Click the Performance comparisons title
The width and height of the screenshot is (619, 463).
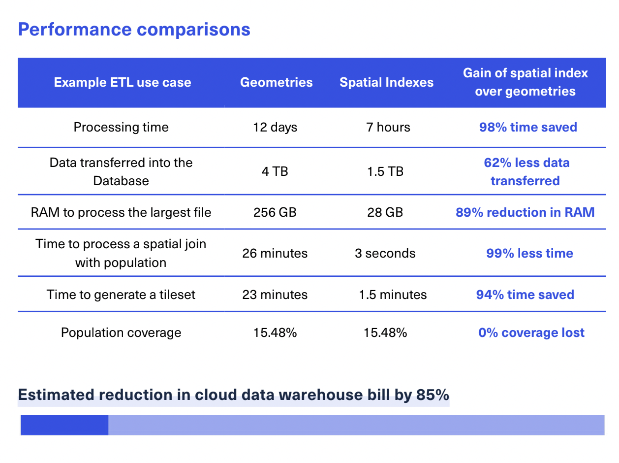[134, 30]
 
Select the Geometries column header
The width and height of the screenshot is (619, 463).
[276, 82]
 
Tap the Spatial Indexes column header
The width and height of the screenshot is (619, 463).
[386, 82]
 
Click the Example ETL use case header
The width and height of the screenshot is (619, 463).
[123, 82]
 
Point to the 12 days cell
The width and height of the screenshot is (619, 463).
[275, 127]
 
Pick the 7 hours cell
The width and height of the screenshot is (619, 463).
[388, 127]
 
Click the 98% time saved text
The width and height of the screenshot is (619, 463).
[527, 127]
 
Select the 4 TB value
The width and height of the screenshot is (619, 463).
[275, 171]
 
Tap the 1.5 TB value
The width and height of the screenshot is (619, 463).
[385, 171]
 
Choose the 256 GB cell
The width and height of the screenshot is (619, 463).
[275, 212]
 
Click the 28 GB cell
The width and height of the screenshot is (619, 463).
[385, 212]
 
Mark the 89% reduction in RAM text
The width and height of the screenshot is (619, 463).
[525, 212]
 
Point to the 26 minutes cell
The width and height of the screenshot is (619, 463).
[275, 253]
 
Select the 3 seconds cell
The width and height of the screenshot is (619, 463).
[385, 253]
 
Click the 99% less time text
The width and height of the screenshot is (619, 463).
[529, 253]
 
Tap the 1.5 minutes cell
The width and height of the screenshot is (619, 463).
[393, 295]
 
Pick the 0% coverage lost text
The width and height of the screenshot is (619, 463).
[531, 332]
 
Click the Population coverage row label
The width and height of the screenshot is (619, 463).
[121, 332]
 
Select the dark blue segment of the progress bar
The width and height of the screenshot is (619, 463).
[64, 425]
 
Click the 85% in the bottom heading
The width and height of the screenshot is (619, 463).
[433, 395]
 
